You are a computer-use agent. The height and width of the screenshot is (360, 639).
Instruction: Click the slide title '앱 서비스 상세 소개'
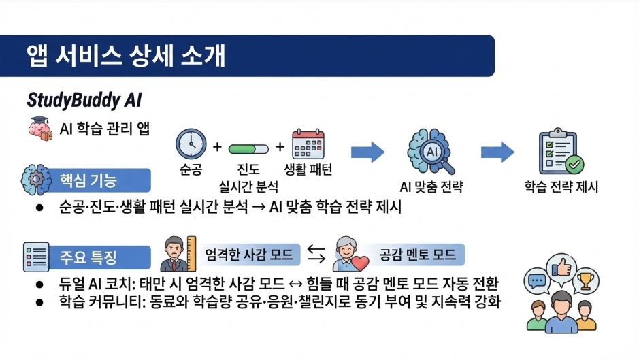click(x=126, y=56)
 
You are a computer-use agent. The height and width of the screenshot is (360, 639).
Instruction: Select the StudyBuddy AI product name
click(x=84, y=100)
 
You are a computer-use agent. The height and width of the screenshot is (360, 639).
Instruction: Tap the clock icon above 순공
click(x=191, y=145)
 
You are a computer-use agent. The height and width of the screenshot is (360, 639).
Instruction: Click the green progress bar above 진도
click(x=248, y=148)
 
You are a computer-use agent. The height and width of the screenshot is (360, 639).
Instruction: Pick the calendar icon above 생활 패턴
click(x=308, y=145)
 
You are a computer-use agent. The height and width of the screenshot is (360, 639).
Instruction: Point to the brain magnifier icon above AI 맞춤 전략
click(x=431, y=152)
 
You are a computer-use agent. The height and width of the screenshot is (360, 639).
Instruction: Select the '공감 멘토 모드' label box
click(x=416, y=255)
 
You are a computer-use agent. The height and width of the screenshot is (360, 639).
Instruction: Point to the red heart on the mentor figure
click(x=360, y=262)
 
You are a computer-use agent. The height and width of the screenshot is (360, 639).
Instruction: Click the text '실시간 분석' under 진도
click(x=248, y=184)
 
